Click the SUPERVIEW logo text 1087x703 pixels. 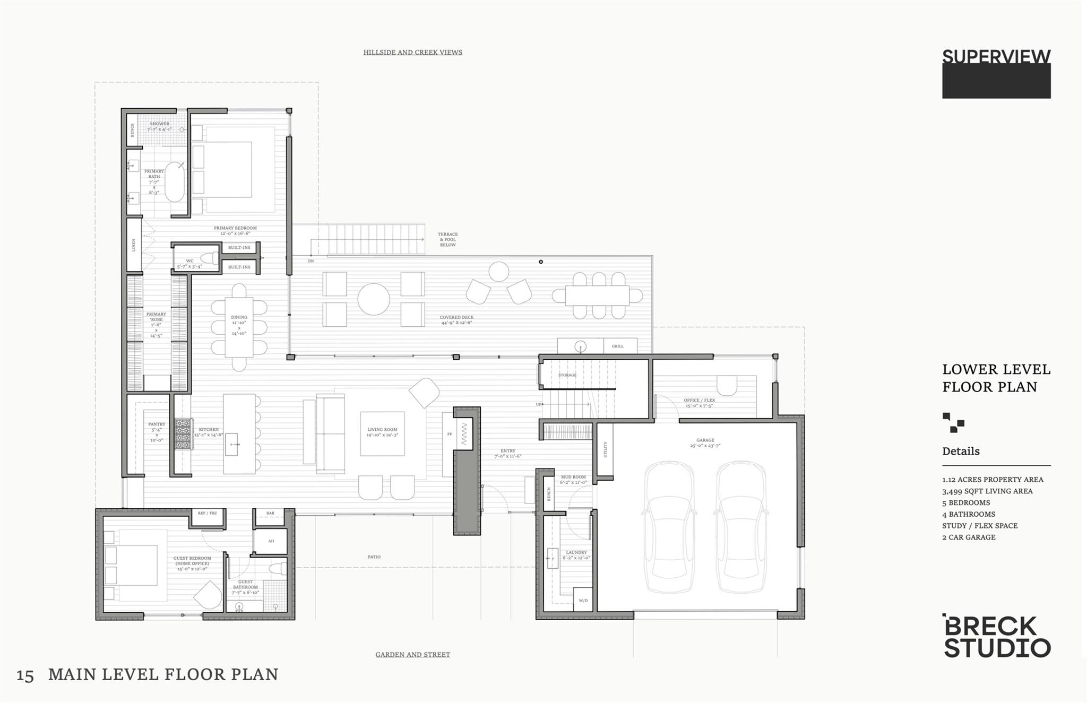[996, 57]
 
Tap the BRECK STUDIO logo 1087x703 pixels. [996, 637]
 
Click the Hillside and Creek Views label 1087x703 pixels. [412, 52]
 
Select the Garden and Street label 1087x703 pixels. [412, 654]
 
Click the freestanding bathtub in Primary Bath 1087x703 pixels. [175, 181]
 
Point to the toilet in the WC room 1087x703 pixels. [211, 258]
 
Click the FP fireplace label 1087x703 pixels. [450, 434]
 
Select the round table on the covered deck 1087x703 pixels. [373, 299]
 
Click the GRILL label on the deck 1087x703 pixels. [617, 346]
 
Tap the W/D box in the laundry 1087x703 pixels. [583, 601]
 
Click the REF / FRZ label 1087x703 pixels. [207, 513]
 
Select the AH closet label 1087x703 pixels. [271, 541]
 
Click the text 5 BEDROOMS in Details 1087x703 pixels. [966, 502]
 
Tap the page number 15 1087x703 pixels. [25, 676]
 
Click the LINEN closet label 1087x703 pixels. [134, 245]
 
